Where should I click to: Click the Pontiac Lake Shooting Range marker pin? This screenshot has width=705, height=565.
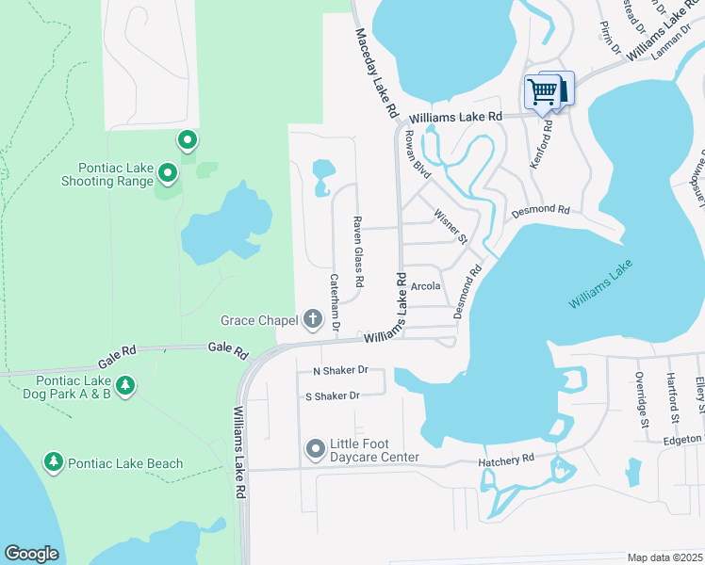coord(168,172)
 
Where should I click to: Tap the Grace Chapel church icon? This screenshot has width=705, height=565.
coord(314,321)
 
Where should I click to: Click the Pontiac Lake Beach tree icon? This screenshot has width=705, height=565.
coord(55,461)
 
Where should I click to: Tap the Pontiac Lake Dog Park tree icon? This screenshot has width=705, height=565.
coord(125,384)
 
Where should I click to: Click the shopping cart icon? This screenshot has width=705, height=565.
coord(542,91)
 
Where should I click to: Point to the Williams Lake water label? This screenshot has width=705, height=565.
coord(598,286)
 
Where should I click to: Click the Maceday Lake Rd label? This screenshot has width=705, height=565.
coord(377,72)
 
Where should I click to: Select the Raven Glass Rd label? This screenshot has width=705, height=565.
coord(358,251)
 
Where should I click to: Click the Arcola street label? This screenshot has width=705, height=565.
coord(426,284)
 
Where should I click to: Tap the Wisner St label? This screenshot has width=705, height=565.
coord(451,227)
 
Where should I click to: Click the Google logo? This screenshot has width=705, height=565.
coord(32,553)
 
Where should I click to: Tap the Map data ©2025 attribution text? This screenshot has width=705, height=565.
coord(664,557)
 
